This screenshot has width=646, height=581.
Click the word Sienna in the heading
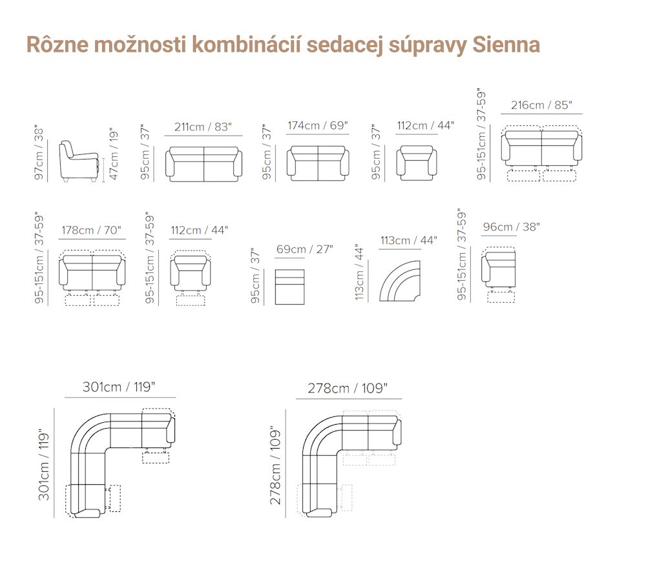[506, 45]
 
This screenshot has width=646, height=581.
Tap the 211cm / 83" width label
[203, 127]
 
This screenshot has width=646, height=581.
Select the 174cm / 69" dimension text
[318, 126]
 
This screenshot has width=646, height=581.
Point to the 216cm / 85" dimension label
[541, 105]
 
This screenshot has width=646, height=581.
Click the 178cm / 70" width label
[92, 230]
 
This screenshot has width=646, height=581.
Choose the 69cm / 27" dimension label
[304, 249]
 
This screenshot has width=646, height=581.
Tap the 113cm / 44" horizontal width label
[408, 240]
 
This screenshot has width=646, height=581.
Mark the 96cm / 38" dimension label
[511, 227]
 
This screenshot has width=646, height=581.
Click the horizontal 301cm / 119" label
[119, 387]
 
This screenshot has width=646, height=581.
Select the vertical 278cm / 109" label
[275, 465]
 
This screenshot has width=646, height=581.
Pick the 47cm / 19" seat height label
[114, 155]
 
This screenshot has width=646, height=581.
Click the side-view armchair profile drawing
[79, 161]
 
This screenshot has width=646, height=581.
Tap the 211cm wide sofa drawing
[204, 165]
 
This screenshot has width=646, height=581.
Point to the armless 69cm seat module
[289, 287]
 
